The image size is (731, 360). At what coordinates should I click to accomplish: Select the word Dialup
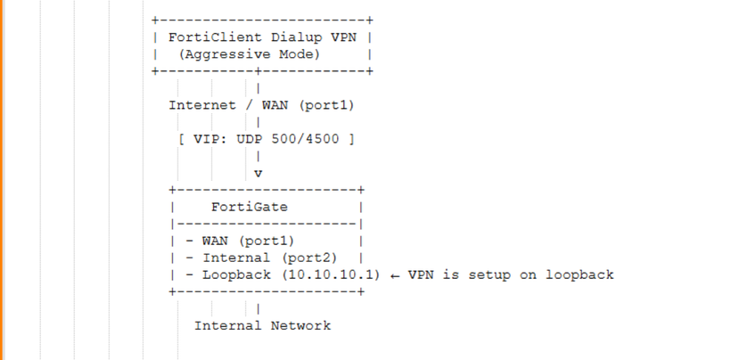tap(283, 37)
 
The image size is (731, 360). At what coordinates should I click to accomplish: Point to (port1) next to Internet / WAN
tap(325, 105)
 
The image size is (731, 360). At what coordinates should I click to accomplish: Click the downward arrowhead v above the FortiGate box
tap(258, 173)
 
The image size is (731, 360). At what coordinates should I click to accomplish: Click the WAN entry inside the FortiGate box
tap(214, 241)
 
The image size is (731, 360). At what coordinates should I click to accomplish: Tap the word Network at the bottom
tap(300, 325)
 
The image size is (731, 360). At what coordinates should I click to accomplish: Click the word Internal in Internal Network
tap(227, 325)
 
